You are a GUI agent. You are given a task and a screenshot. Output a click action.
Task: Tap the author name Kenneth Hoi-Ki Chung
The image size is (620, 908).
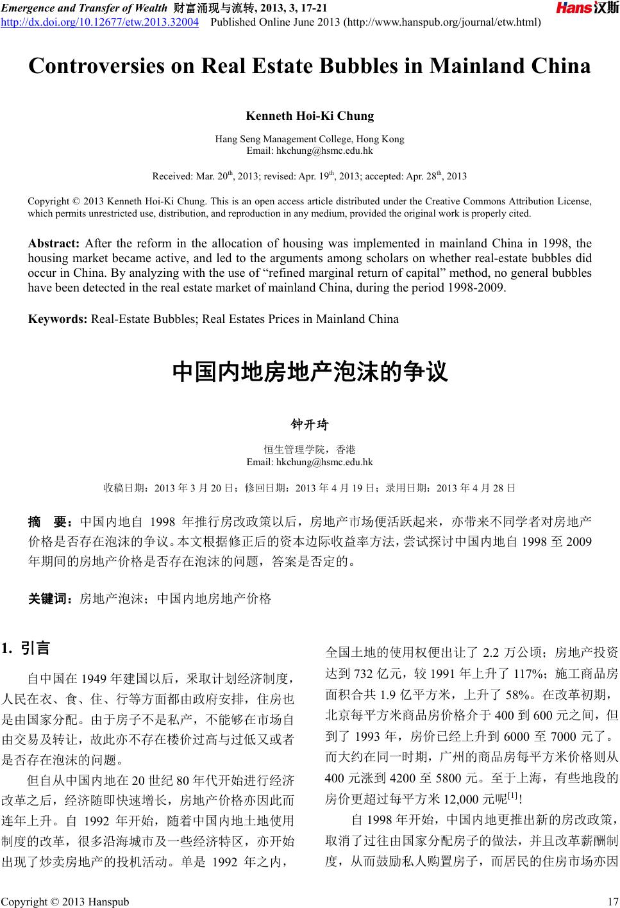(x=310, y=116)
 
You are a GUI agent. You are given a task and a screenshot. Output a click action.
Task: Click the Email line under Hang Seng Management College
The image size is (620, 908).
(x=310, y=151)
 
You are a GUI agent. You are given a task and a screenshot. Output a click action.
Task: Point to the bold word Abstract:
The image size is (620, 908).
(x=53, y=244)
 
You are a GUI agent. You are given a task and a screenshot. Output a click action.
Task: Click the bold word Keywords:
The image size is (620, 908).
(x=58, y=319)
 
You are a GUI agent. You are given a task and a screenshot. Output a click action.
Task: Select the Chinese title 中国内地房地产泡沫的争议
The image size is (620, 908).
(x=310, y=372)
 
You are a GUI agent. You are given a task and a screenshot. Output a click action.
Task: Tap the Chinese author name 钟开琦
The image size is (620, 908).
(x=310, y=425)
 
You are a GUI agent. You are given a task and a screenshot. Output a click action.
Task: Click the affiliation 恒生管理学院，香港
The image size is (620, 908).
(x=310, y=450)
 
